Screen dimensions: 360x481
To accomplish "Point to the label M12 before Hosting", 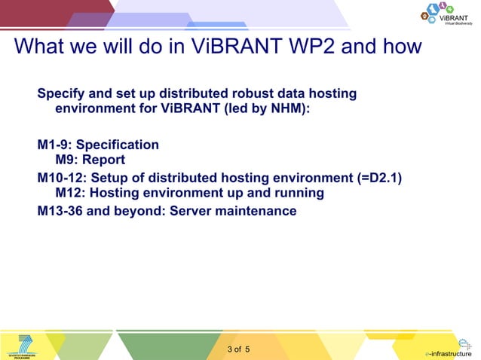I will [x=69, y=193].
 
